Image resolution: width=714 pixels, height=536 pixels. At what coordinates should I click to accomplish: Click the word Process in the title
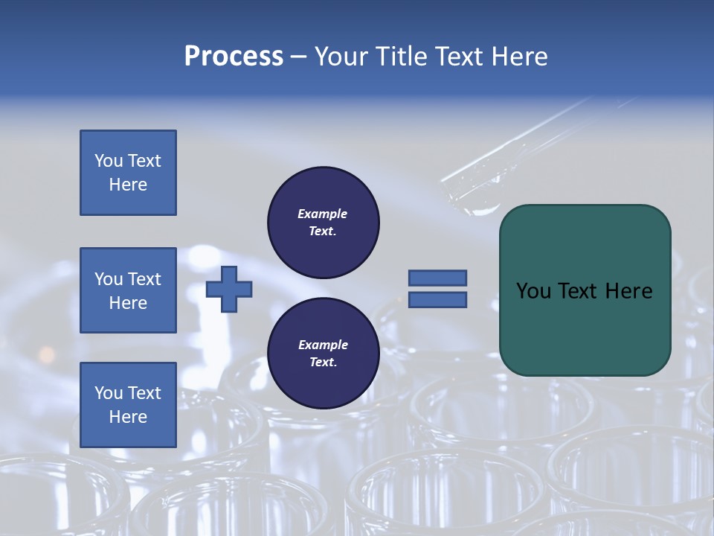pos(234,57)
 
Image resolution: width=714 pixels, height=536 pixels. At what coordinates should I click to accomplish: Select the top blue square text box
pos(128,173)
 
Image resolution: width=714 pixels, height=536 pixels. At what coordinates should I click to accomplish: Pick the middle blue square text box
pos(128,290)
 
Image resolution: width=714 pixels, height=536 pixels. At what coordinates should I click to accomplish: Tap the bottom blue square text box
pos(128,405)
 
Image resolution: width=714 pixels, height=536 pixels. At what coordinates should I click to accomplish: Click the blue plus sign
pos(229,289)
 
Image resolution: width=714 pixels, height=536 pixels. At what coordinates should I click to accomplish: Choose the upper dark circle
pos(323,223)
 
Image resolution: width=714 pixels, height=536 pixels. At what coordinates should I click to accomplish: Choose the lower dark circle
pos(323,354)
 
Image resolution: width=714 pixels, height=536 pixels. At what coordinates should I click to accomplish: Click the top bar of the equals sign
pos(437,278)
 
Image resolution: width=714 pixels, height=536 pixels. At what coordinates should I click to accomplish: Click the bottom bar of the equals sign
pos(437,299)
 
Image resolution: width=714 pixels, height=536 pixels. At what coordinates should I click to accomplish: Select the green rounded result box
pos(585,290)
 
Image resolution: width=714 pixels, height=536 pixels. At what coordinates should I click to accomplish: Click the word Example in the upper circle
pos(322,214)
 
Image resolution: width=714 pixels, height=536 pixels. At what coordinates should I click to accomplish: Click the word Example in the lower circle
pos(322,345)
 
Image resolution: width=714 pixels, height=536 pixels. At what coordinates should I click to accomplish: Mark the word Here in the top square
pos(128,185)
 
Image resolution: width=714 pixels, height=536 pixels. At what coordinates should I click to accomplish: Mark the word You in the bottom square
pos(107,393)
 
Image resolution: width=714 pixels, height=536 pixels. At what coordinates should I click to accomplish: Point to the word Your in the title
pos(339,57)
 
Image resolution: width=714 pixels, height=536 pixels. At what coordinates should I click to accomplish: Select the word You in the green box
pos(533,291)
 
